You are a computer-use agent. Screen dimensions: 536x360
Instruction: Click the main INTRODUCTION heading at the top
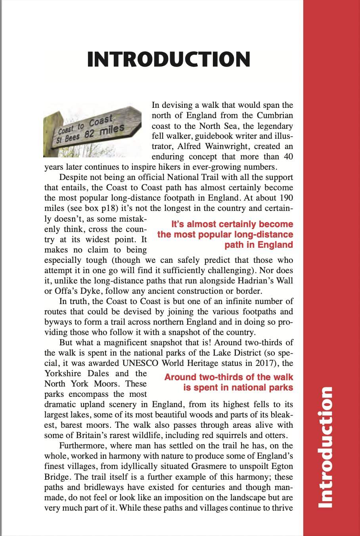[169, 59]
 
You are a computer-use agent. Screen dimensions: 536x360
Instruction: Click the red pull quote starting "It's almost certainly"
[225, 234]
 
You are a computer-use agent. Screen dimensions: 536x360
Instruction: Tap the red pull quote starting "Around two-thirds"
[229, 382]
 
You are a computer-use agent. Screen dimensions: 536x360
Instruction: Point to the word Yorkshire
[63, 373]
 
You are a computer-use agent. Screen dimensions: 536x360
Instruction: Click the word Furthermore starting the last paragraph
[82, 446]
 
